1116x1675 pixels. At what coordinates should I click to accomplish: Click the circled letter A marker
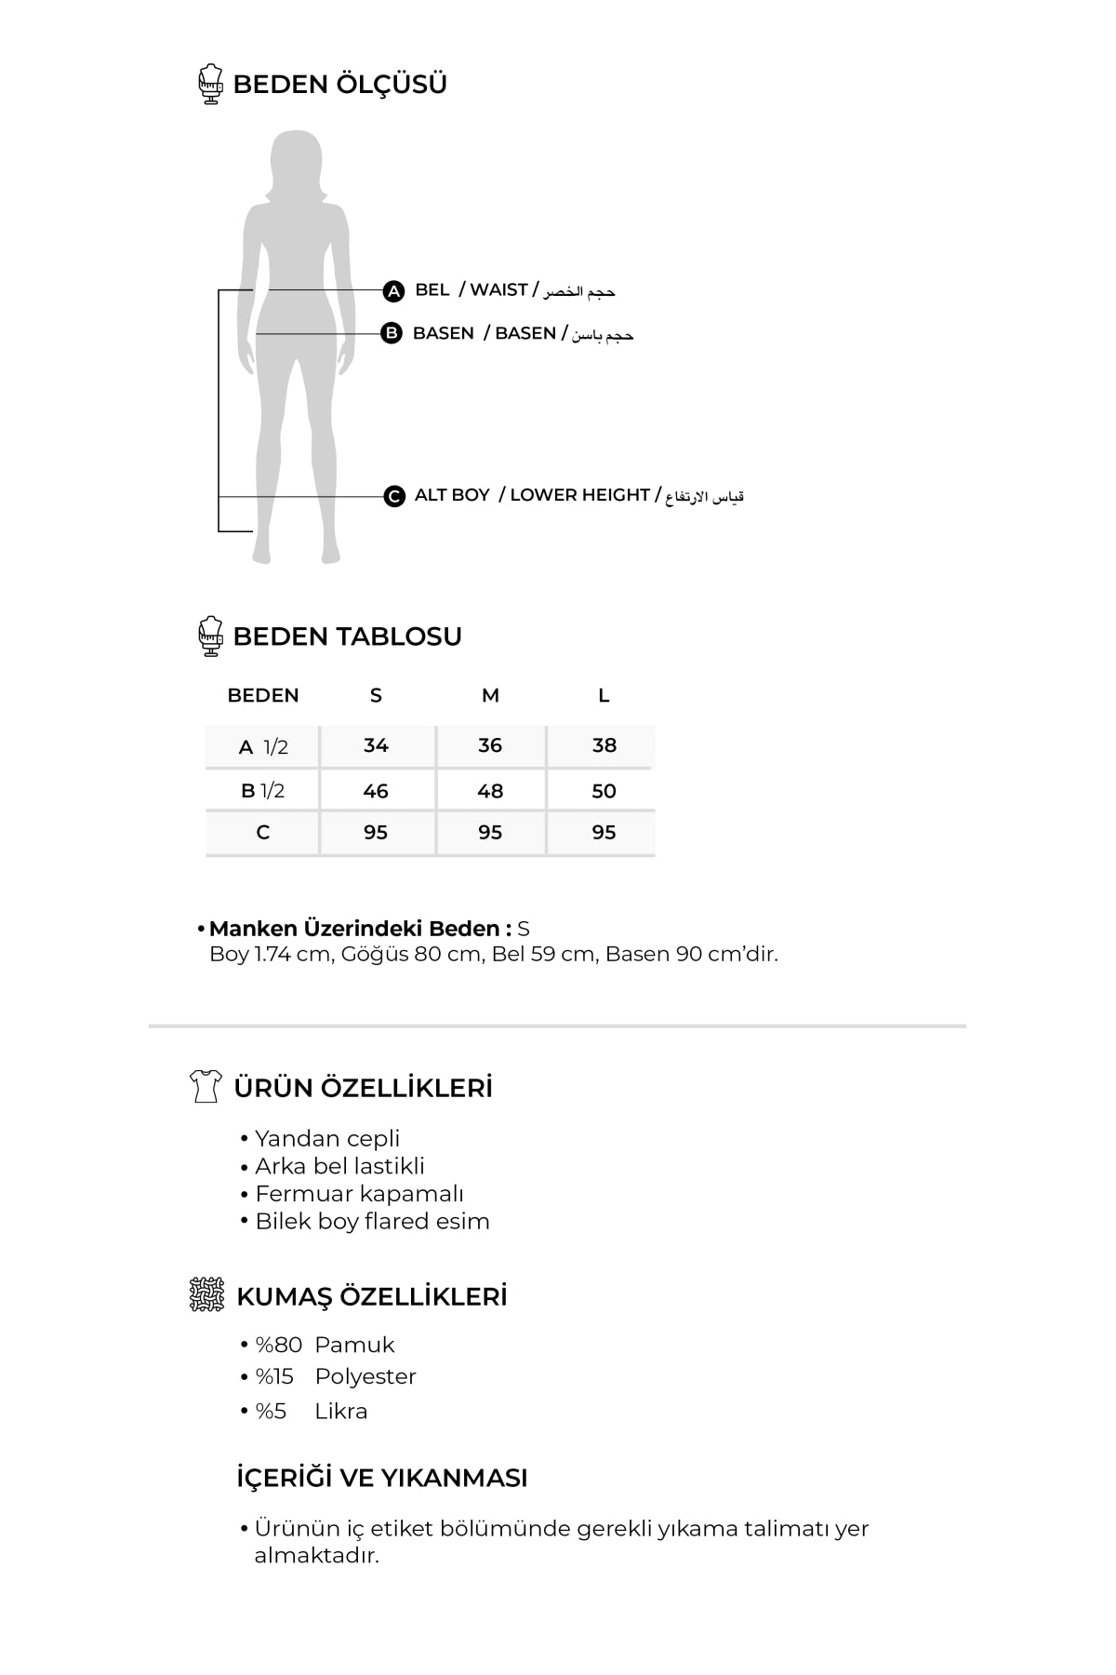pyautogui.click(x=393, y=291)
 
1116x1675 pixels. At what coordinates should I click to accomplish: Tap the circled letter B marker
pyautogui.click(x=392, y=333)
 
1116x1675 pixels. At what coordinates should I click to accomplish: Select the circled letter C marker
pyautogui.click(x=394, y=496)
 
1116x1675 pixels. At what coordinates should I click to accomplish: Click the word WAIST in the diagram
pyautogui.click(x=498, y=290)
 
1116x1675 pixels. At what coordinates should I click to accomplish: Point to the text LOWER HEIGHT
pyautogui.click(x=579, y=495)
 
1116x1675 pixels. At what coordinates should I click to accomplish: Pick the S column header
pyautogui.click(x=376, y=695)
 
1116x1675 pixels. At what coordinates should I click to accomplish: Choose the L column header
pyautogui.click(x=604, y=695)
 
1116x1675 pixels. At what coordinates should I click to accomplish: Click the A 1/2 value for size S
pyautogui.click(x=376, y=745)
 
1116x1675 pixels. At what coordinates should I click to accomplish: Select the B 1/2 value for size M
pyautogui.click(x=490, y=791)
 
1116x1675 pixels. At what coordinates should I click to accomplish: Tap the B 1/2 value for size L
pyautogui.click(x=604, y=791)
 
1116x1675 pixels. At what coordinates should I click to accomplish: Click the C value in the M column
pyautogui.click(x=490, y=832)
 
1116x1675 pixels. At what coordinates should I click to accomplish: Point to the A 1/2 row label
pyautogui.click(x=263, y=747)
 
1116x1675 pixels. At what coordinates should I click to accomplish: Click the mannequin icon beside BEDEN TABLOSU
pyautogui.click(x=211, y=636)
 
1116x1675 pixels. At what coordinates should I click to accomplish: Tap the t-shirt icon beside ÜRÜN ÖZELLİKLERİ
pyautogui.click(x=205, y=1086)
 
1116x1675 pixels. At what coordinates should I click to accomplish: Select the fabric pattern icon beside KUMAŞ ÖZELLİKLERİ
pyautogui.click(x=206, y=1294)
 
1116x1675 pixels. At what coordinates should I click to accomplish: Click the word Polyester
pyautogui.click(x=365, y=1376)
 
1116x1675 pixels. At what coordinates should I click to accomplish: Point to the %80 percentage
pyautogui.click(x=279, y=1345)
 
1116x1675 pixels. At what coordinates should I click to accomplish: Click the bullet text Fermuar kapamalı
pyautogui.click(x=359, y=1194)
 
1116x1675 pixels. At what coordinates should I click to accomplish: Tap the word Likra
pyautogui.click(x=341, y=1411)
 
